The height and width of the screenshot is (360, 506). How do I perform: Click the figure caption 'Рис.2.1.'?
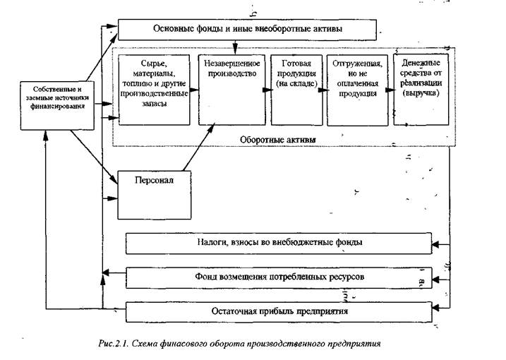pyautogui.click(x=114, y=344)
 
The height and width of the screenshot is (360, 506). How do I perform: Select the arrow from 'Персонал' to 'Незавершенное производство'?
pyautogui.click(x=203, y=148)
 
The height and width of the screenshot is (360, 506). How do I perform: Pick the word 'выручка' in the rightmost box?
pyautogui.click(x=422, y=92)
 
